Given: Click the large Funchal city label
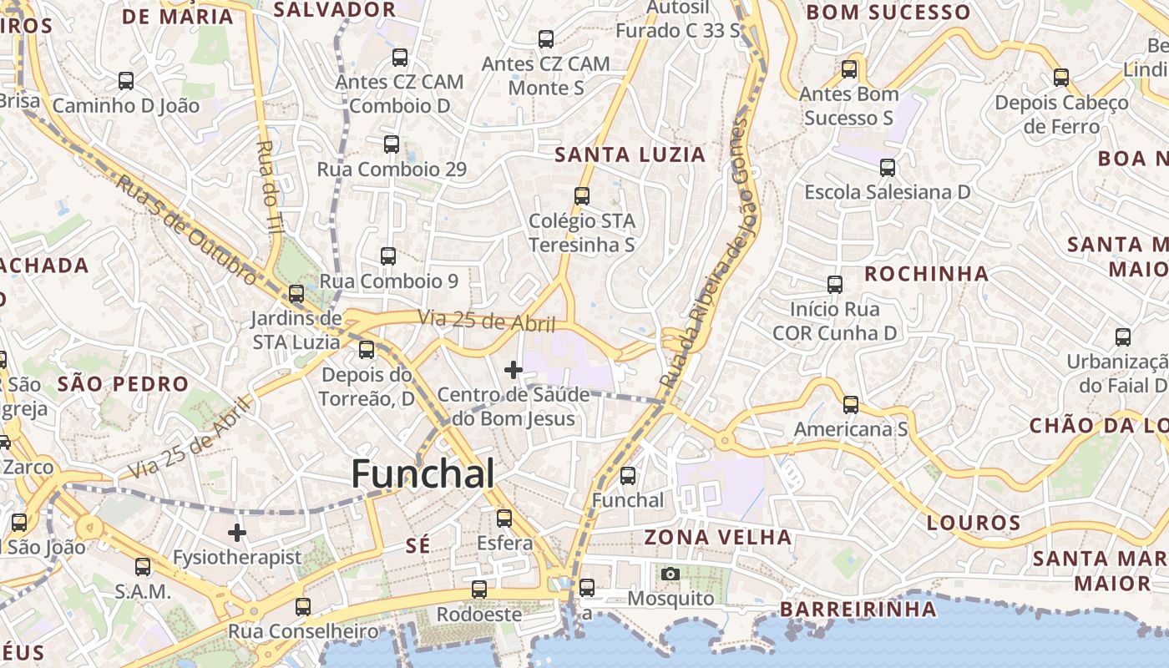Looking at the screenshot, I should tap(423, 473).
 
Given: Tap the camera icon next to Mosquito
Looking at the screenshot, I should tap(670, 574).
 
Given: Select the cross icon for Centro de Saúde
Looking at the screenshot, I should tap(514, 369).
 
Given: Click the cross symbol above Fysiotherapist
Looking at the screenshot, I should tap(237, 532).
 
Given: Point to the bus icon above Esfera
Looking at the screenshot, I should tap(504, 519).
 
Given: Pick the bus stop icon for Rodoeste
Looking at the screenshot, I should tap(479, 590).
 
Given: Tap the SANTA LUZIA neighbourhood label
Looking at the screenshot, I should tap(630, 154).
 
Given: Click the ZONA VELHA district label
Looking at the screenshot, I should tap(718, 537).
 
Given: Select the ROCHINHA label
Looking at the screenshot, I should tap(926, 274).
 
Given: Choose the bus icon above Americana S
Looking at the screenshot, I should tap(850, 405).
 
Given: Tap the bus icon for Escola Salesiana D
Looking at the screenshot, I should tap(888, 168).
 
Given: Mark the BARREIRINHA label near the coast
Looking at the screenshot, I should tap(858, 609).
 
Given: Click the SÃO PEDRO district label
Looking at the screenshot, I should tap(123, 384).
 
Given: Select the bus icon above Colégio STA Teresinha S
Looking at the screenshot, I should tap(582, 197).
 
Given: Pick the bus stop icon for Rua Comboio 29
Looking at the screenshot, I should tap(392, 144).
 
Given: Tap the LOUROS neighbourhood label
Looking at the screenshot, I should tap(974, 524).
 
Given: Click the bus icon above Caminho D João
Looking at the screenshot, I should tap(126, 82).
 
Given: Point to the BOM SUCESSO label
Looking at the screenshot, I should tap(888, 13).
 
